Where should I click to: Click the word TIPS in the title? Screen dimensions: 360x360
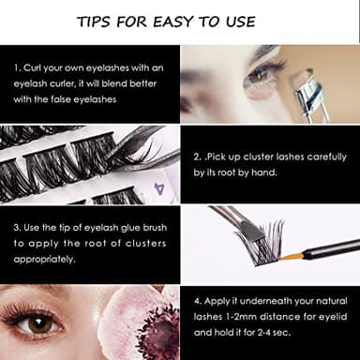98,22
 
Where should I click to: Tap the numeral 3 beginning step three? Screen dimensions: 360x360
16,228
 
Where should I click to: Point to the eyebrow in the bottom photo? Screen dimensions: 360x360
37,294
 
